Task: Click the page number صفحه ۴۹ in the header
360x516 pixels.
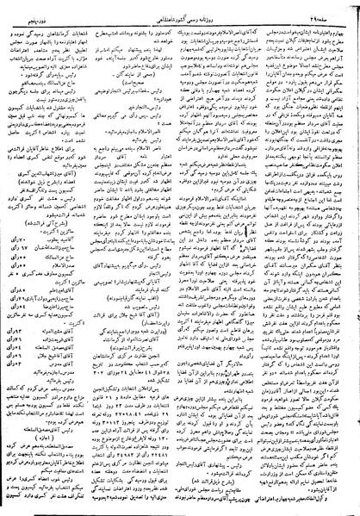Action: [337, 7]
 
